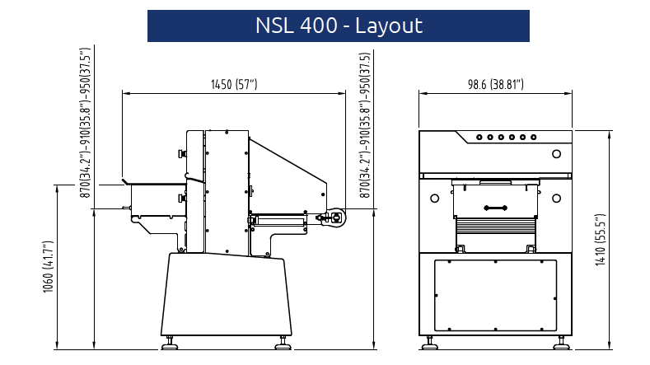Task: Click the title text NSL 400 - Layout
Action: (338, 26)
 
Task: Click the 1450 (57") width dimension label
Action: (234, 84)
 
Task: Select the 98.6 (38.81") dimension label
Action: (496, 84)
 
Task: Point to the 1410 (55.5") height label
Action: (601, 239)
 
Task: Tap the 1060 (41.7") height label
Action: (49, 265)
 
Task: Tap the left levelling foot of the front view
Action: (429, 339)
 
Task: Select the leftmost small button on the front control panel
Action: (479, 138)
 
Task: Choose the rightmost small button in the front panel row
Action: (534, 138)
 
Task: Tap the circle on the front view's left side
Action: (434, 198)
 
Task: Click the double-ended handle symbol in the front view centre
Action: (496, 208)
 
